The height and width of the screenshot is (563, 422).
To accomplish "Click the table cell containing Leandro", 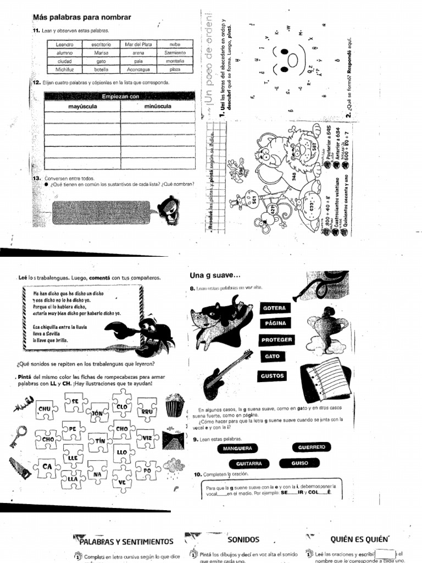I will point(65,43).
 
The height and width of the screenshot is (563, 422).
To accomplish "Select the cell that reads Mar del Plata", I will point(137,43).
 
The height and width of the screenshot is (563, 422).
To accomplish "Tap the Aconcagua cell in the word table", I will point(137,70).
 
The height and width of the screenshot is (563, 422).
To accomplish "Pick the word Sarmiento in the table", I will point(175,52).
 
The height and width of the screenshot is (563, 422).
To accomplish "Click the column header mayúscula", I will point(82,106).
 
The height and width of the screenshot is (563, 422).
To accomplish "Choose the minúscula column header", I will point(158,106).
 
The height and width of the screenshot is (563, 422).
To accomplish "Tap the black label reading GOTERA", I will point(275,308).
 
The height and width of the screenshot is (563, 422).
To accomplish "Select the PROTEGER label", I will point(276,340).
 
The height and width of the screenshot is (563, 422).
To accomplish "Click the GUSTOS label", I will point(273,376).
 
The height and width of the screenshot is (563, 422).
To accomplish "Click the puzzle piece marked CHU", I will point(45,409).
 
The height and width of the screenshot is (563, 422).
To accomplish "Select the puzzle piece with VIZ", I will point(146,438).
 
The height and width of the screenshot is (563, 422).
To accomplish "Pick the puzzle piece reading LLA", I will point(73,479).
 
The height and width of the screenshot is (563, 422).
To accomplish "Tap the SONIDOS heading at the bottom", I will point(243,540).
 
